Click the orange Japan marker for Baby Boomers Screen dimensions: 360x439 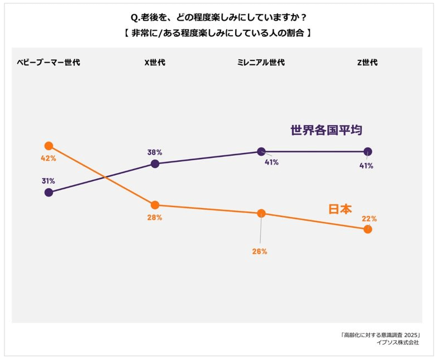click(49, 146)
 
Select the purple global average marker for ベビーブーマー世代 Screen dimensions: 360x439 click(49, 192)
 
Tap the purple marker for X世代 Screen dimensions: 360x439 click(155, 164)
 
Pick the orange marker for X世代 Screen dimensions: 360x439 click(155, 205)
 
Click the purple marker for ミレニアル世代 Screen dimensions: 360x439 click(261, 151)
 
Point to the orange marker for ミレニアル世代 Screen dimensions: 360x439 click(261, 213)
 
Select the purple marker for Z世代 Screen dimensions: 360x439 click(368, 151)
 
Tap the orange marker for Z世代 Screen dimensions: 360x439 click(368, 229)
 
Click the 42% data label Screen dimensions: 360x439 click(49, 158)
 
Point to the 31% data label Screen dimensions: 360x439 click(48, 181)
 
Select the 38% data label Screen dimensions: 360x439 click(155, 152)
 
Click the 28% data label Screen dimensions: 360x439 click(155, 217)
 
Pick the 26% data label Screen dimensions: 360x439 click(260, 251)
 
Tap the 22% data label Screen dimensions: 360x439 click(369, 219)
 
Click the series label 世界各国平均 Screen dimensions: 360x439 click(326, 130)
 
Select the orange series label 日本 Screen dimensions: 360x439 click(340, 209)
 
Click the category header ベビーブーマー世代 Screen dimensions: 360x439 click(49, 63)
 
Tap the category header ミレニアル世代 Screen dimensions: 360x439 click(261, 63)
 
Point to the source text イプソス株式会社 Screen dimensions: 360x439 click(398, 342)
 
